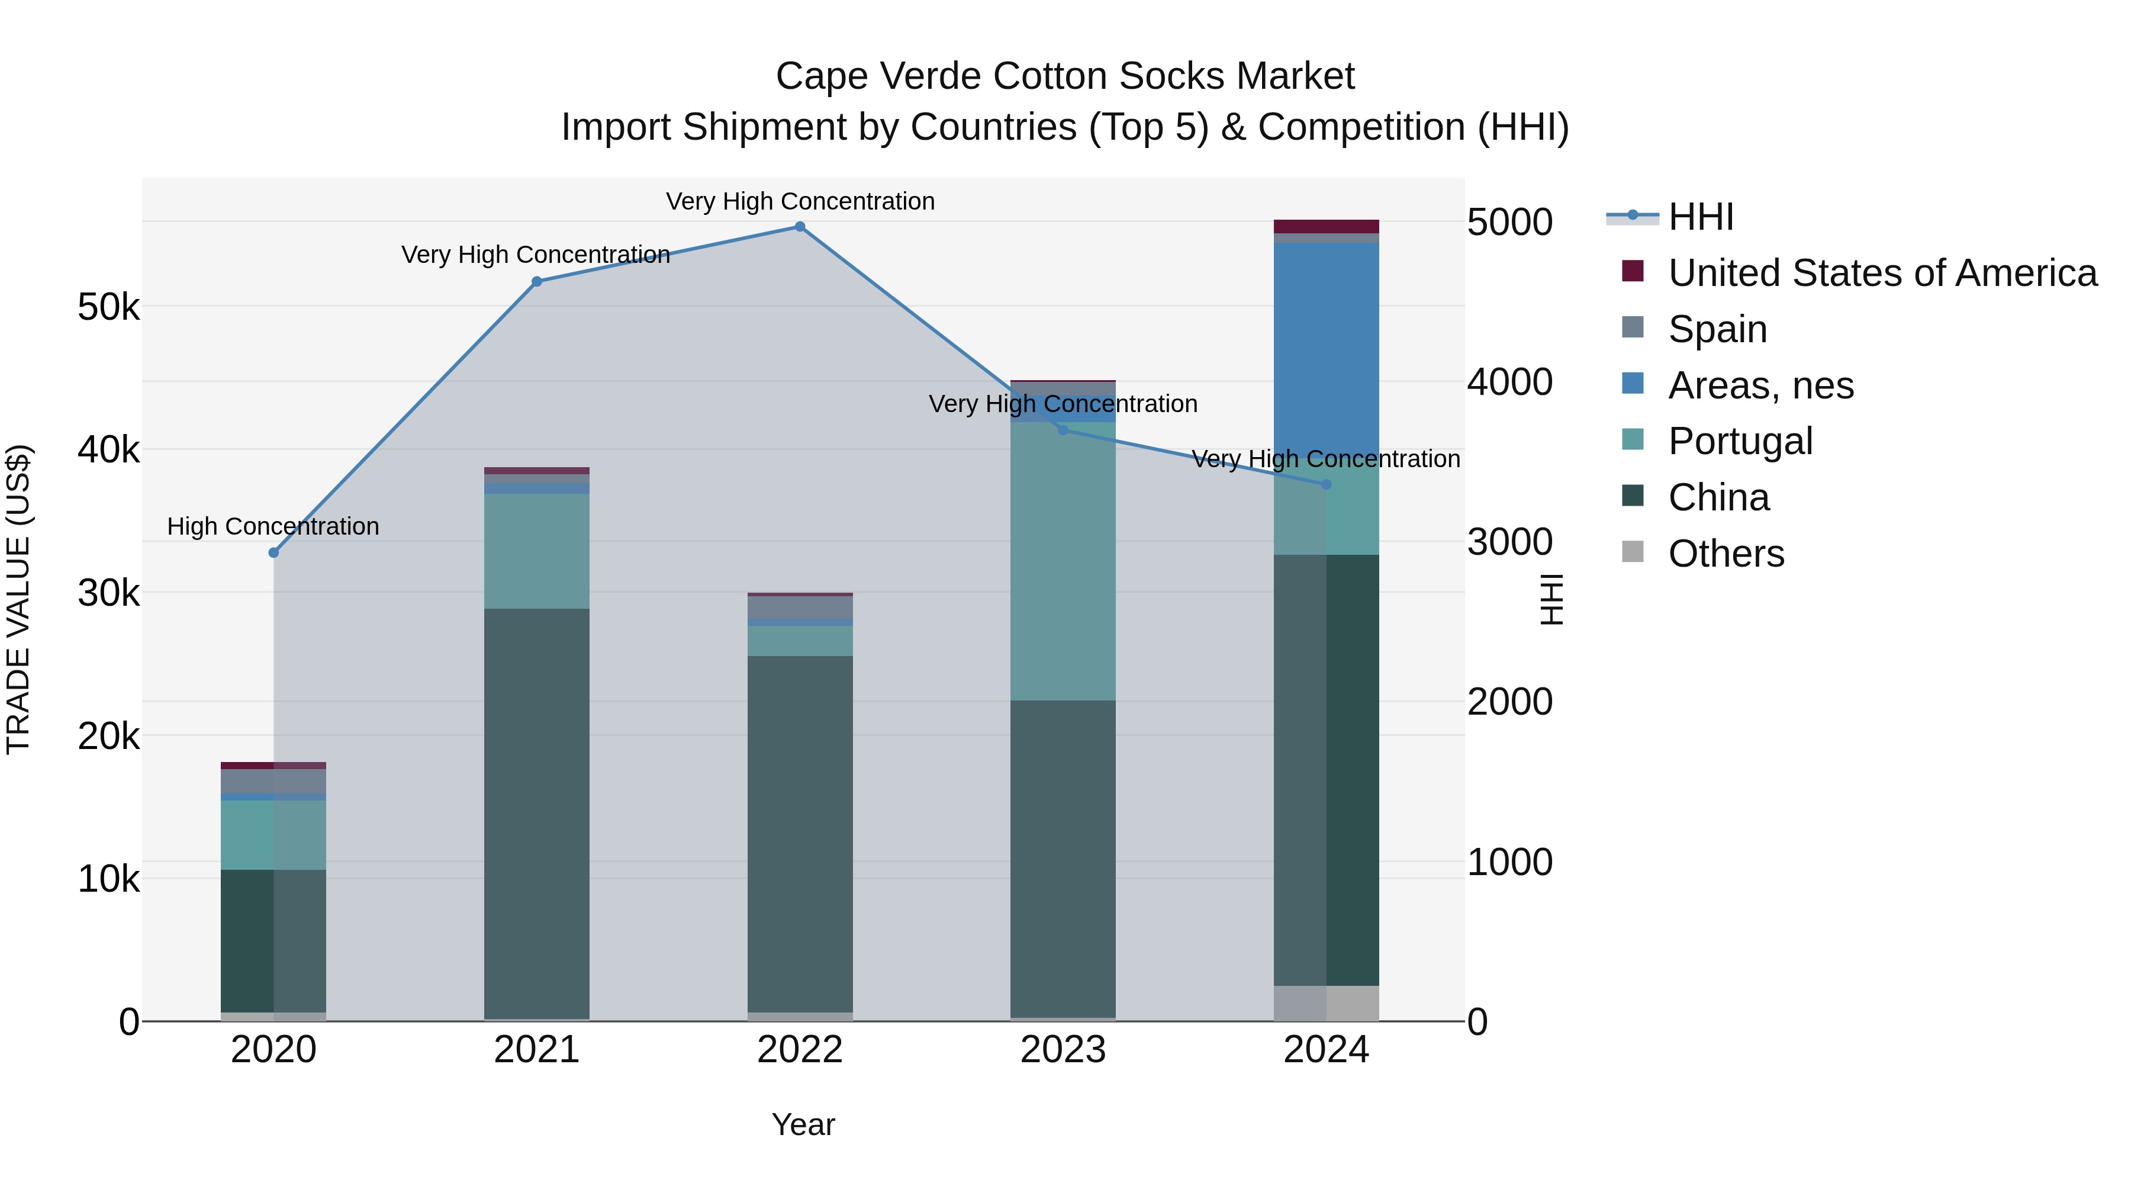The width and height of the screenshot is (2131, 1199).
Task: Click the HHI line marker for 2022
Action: point(800,227)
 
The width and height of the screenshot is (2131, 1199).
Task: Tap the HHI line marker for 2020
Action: point(274,553)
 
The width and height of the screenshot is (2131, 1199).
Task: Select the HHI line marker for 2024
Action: point(1326,485)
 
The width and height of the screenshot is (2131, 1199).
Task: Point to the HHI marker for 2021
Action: point(537,281)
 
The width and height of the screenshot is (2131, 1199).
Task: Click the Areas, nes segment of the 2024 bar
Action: point(1326,348)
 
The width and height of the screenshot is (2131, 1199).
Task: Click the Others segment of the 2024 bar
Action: point(1326,1003)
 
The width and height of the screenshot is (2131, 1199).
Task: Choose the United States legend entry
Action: point(1881,273)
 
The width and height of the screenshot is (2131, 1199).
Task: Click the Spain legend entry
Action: point(1717,329)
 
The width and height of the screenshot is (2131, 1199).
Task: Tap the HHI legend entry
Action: point(1700,217)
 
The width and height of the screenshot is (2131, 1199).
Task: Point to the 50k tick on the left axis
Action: point(108,308)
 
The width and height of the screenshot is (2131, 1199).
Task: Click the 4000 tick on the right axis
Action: point(1509,382)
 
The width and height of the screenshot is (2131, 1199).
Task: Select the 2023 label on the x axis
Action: point(1063,1050)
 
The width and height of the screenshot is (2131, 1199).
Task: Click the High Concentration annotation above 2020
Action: point(273,526)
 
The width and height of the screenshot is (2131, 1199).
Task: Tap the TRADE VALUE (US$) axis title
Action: point(19,599)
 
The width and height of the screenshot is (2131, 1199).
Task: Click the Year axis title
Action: point(803,1124)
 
